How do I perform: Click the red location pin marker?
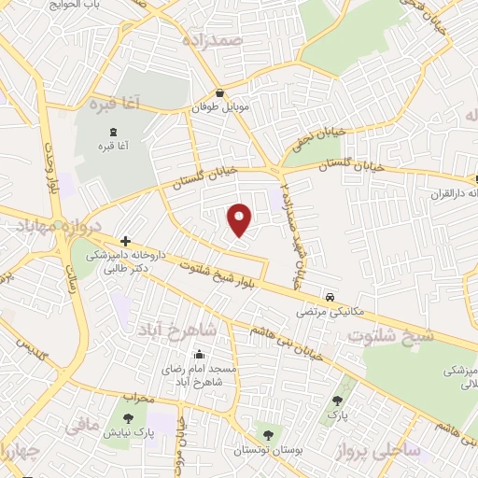(240, 218)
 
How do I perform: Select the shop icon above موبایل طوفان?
(218, 93)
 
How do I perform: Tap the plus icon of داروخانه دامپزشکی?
(125, 241)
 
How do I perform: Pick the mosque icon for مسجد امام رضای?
(198, 354)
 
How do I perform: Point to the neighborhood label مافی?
(83, 428)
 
